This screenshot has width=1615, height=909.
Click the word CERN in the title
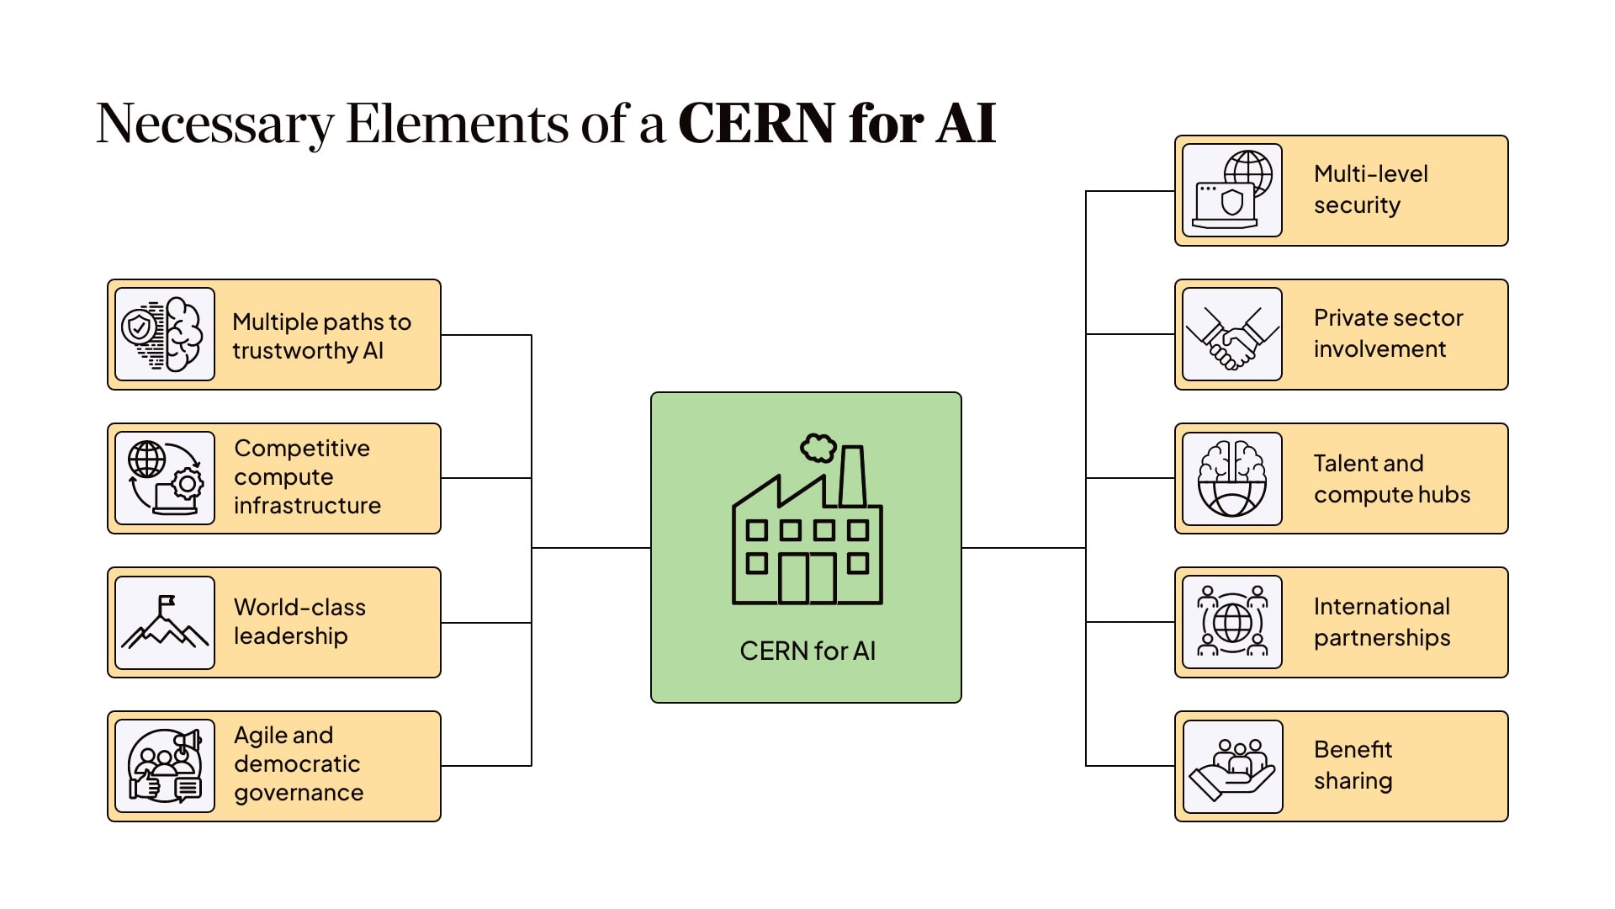[756, 124]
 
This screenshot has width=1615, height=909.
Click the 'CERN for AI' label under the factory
[807, 651]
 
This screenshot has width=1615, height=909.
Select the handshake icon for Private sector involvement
[1231, 335]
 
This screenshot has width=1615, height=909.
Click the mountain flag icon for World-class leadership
[165, 623]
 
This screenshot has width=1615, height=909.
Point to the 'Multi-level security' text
[1370, 189]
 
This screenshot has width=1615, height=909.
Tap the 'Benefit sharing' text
[1353, 765]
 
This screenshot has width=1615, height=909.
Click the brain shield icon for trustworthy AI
[165, 334]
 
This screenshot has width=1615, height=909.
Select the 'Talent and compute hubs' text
[1391, 478]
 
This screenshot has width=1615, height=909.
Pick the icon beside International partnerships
[1231, 623]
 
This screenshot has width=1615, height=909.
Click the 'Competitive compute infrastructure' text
[307, 476]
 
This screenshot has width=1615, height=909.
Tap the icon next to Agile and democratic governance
[165, 766]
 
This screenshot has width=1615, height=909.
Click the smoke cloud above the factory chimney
[818, 448]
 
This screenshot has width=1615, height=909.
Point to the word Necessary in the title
[214, 124]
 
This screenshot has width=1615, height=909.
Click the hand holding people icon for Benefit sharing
[1231, 767]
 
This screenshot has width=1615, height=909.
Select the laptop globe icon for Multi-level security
[1231, 190]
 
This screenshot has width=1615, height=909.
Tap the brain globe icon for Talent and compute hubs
[1231, 479]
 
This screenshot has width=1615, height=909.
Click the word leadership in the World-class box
[290, 636]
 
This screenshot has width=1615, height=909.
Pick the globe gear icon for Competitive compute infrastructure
[165, 478]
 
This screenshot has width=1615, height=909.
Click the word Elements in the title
[458, 124]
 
